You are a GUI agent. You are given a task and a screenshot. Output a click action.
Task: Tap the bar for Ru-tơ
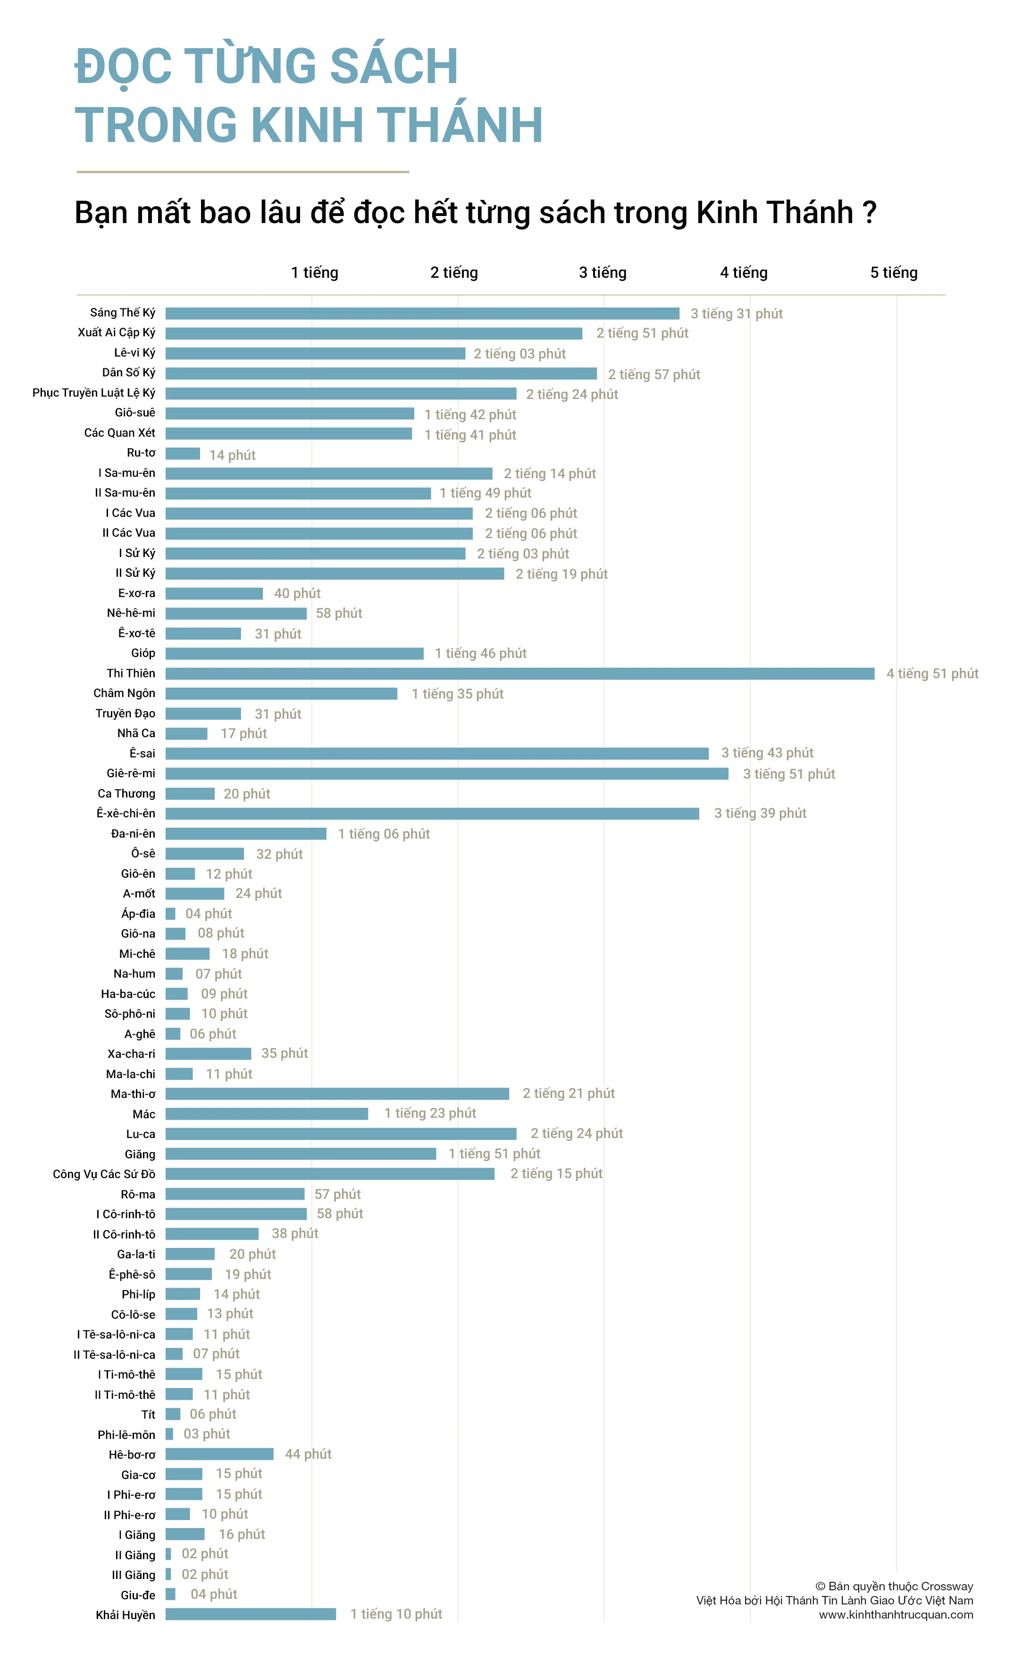point(183,453)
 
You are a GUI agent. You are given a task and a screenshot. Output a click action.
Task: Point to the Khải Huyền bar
point(250,1614)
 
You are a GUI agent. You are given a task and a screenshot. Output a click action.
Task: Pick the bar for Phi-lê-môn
point(169,1434)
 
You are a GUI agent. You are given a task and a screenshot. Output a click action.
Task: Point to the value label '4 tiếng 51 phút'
point(932,673)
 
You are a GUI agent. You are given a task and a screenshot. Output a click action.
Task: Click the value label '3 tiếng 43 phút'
point(767,753)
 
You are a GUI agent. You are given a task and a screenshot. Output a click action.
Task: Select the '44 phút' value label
point(308,1454)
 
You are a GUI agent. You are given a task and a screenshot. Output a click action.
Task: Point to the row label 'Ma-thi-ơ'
point(133,1094)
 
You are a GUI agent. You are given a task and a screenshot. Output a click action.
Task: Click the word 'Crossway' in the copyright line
point(947,1587)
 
